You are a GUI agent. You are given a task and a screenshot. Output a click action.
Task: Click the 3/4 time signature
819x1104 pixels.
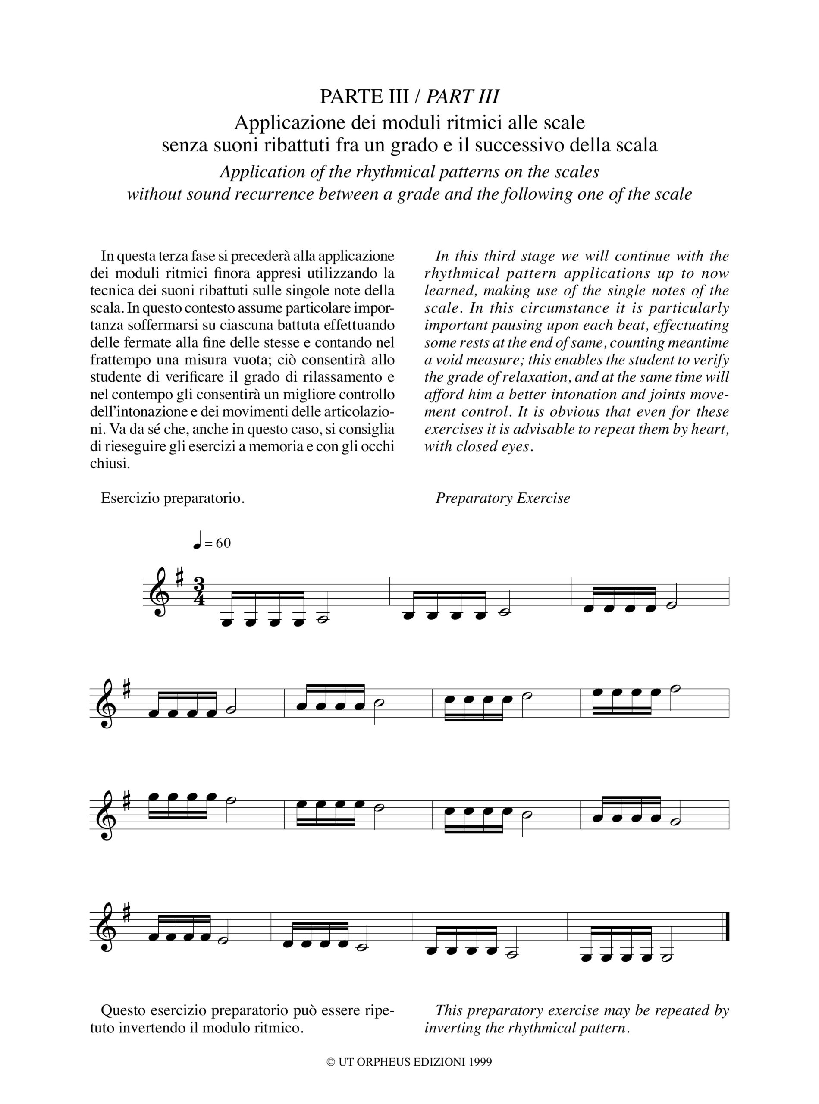click(199, 591)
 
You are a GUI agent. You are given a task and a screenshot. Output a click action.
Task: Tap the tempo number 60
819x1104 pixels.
click(223, 543)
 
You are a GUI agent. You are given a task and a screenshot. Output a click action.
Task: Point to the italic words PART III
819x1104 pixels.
click(462, 96)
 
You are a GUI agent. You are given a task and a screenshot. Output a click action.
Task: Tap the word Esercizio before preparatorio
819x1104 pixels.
click(130, 498)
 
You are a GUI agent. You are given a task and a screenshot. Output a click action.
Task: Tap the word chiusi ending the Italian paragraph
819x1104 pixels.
click(110, 464)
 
